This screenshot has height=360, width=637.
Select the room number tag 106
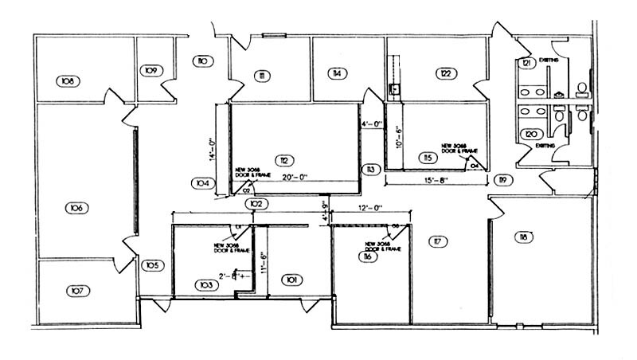point(76,208)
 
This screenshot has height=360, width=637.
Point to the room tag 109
point(151,71)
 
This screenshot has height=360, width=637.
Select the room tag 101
point(291,280)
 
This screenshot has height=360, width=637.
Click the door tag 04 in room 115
point(476,166)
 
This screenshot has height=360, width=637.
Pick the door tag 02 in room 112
point(246,190)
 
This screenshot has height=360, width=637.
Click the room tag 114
point(338,73)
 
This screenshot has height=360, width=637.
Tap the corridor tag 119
point(501,179)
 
